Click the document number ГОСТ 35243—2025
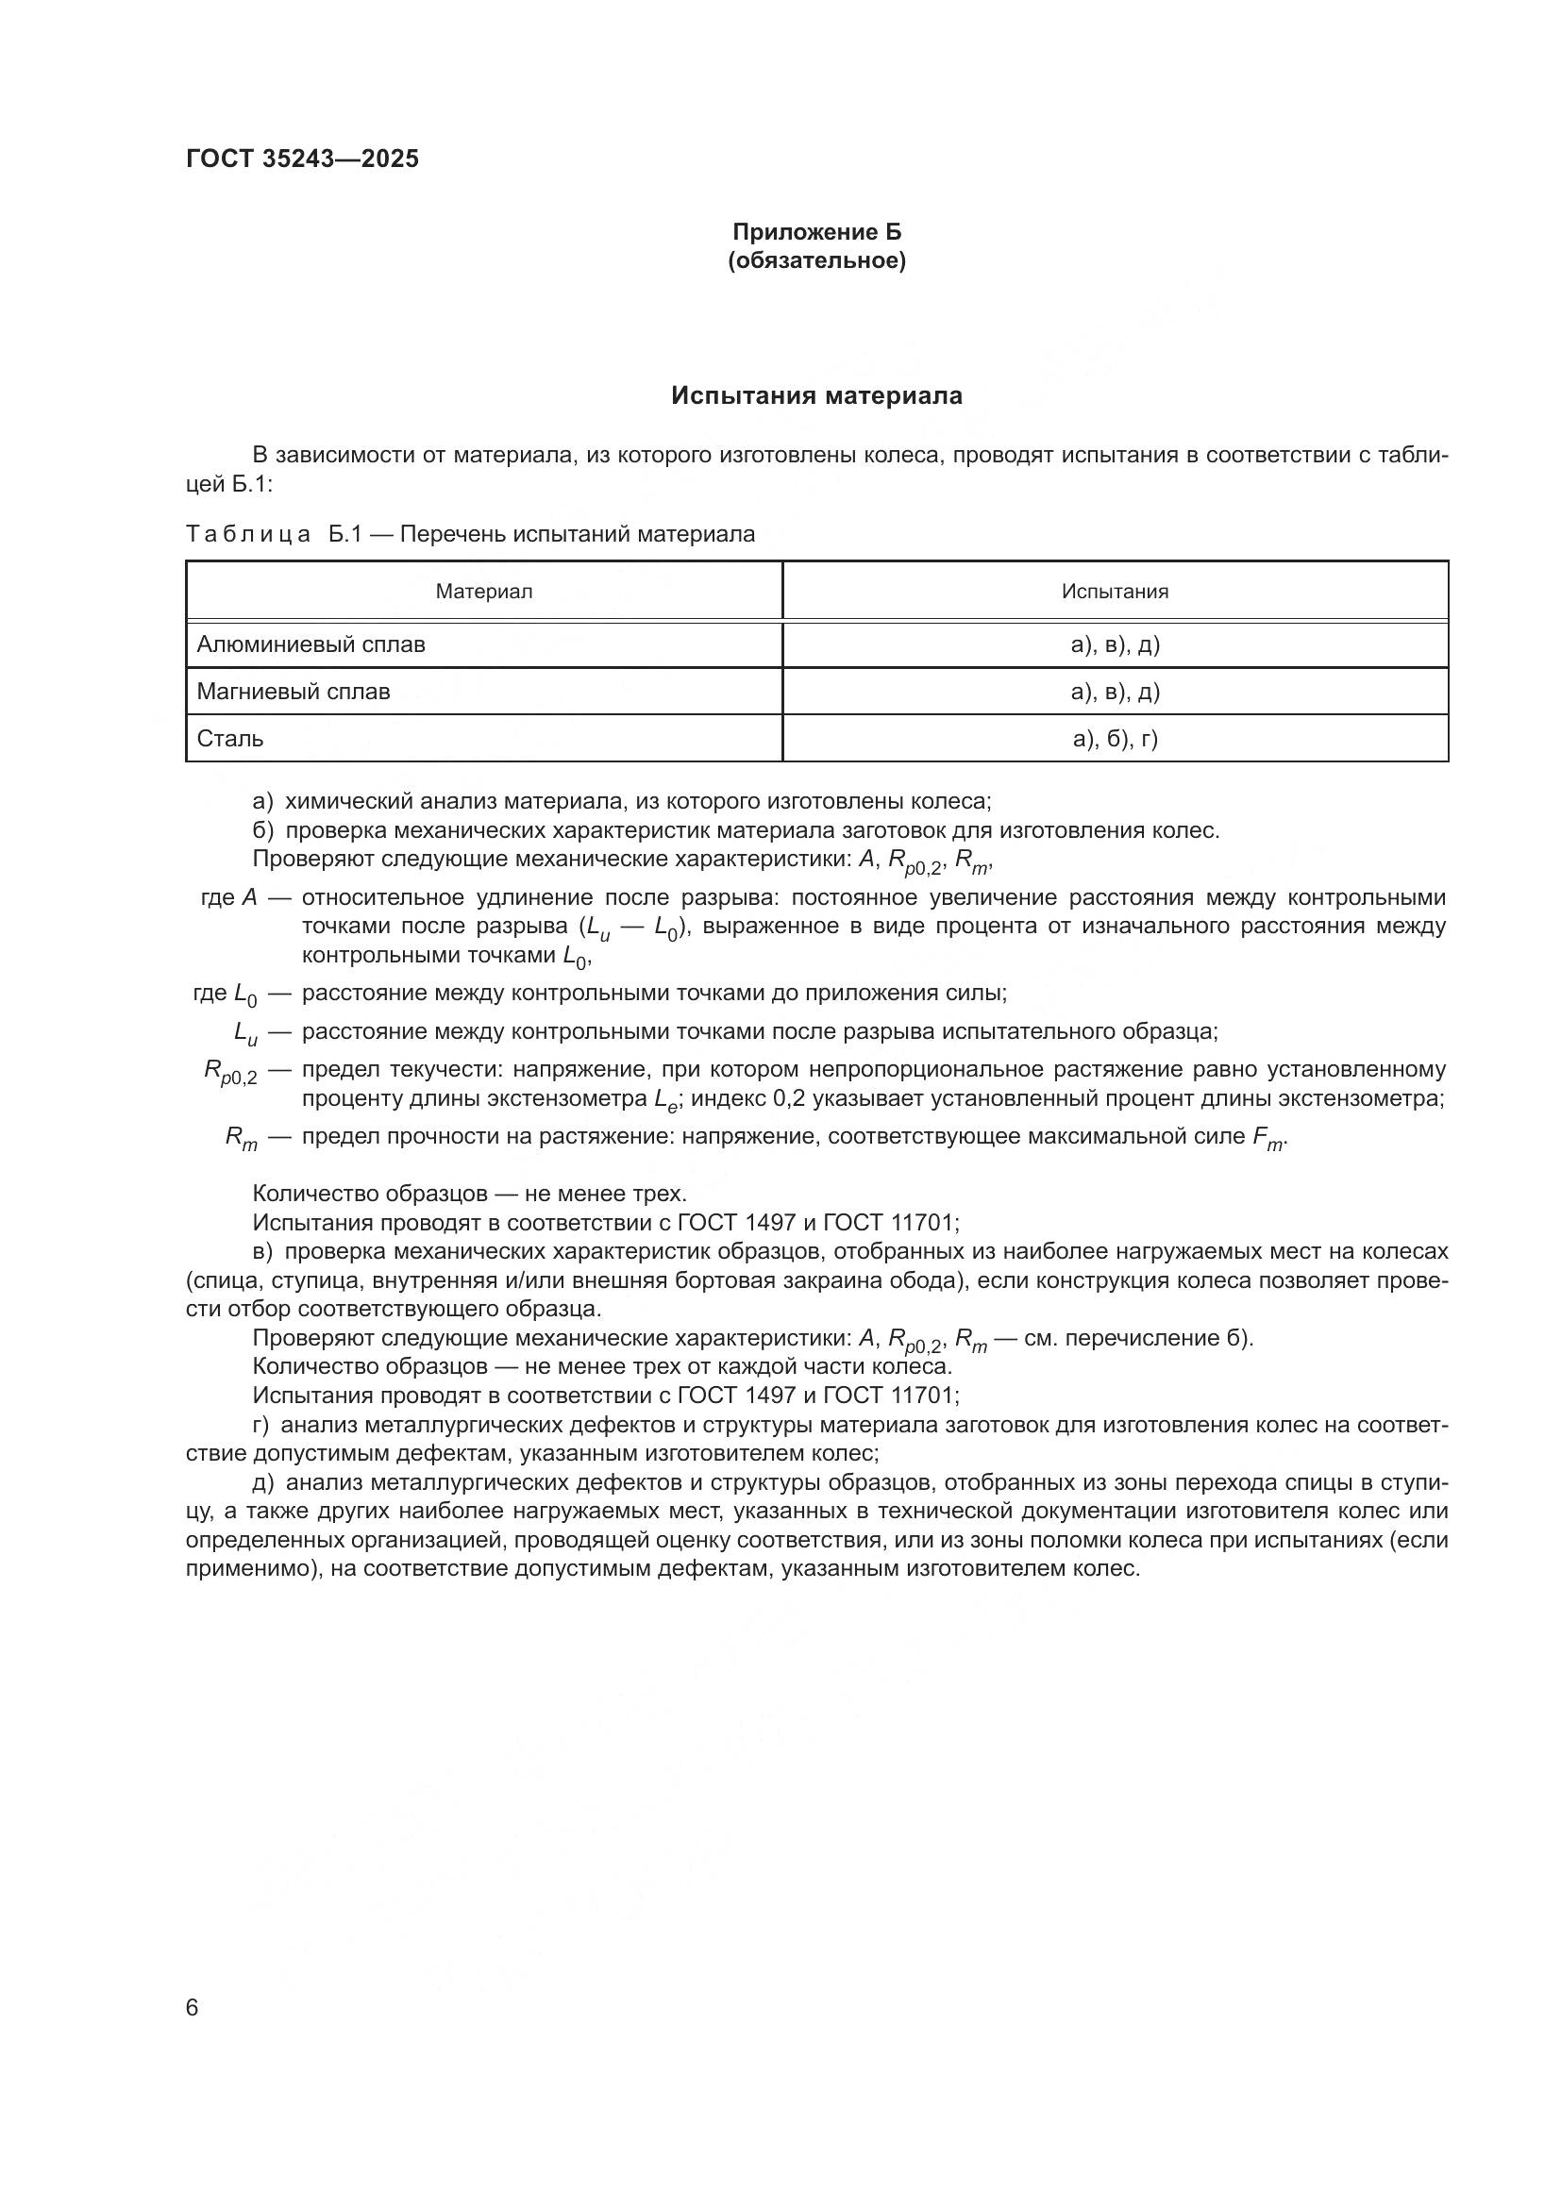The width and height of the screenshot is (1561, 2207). [x=302, y=159]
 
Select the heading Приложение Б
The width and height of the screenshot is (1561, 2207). [x=816, y=232]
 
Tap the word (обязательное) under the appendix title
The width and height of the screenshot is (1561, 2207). [x=816, y=260]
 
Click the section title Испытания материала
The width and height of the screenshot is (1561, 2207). [x=816, y=396]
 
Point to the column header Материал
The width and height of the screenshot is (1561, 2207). [x=483, y=592]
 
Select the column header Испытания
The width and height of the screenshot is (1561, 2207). [x=1114, y=592]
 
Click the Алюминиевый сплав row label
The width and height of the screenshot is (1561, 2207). [x=311, y=644]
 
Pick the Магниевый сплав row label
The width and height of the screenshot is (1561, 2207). [x=294, y=691]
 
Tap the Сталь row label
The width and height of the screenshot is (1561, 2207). [x=229, y=738]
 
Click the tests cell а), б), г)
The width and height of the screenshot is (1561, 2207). [x=1114, y=738]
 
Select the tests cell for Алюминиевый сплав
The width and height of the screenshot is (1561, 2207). [x=1114, y=644]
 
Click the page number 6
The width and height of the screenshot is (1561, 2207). [x=193, y=2008]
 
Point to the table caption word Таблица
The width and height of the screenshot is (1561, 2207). [x=248, y=533]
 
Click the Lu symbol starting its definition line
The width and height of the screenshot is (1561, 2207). [x=245, y=1033]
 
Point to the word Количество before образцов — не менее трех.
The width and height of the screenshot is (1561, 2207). [x=315, y=1194]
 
